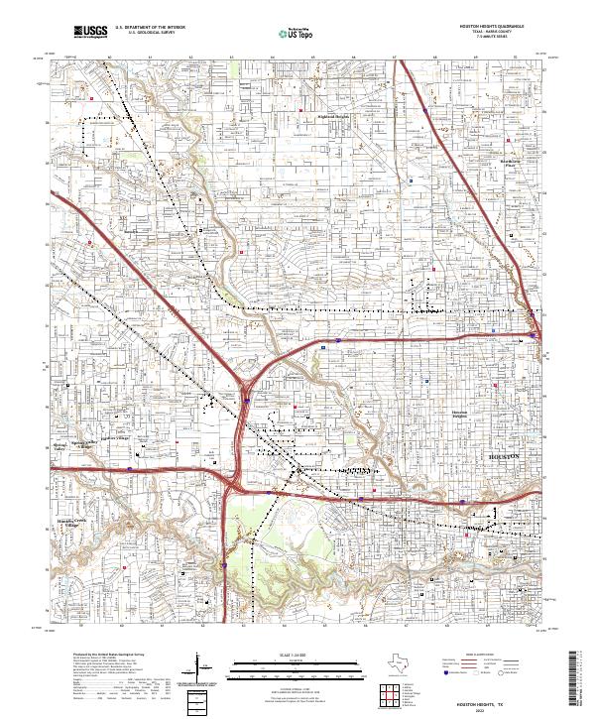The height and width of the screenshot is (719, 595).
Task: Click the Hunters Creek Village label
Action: click(70, 523)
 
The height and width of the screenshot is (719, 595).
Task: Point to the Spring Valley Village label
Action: click(81, 442)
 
